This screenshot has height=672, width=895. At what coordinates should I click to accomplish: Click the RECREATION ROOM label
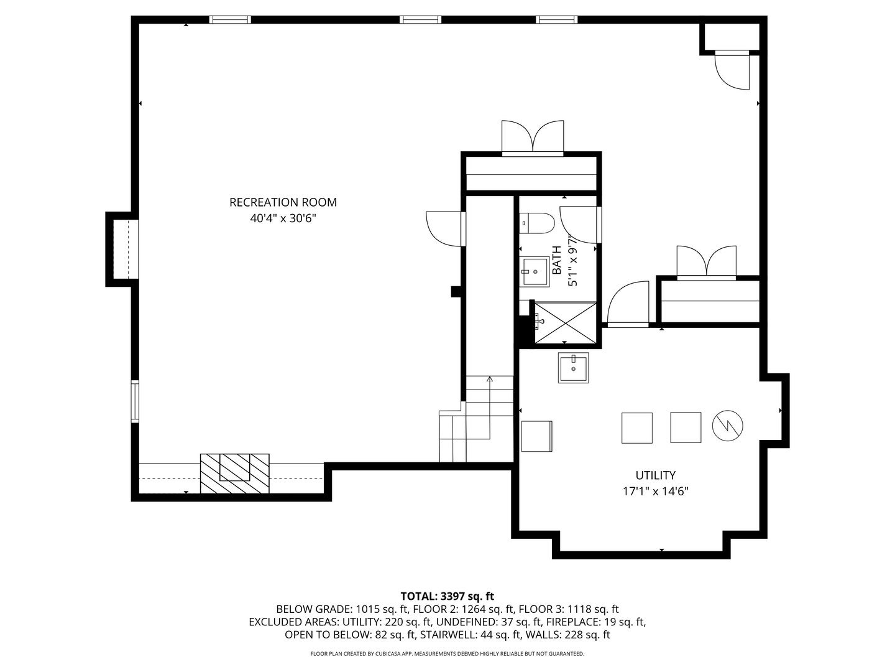[283, 202]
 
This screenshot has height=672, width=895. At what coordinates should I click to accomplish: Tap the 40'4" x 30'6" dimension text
[283, 218]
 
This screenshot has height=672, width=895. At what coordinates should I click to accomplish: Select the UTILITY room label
[655, 475]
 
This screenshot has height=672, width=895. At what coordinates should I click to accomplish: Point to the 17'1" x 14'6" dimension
[655, 492]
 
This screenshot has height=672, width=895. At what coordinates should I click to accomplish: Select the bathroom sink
[535, 272]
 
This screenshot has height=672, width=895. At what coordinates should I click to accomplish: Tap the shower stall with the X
[565, 323]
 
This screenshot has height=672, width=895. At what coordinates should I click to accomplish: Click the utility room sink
[573, 368]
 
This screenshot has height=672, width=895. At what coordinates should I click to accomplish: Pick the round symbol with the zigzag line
[727, 426]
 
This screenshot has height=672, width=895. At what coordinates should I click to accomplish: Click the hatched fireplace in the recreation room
[234, 474]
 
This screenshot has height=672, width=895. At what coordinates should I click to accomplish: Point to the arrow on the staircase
[490, 408]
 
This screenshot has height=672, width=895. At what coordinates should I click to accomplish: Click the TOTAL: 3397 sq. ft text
[447, 597]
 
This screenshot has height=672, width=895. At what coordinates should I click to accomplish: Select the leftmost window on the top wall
[230, 19]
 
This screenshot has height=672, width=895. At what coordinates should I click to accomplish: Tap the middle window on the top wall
[420, 19]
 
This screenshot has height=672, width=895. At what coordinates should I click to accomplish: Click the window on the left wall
[134, 401]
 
